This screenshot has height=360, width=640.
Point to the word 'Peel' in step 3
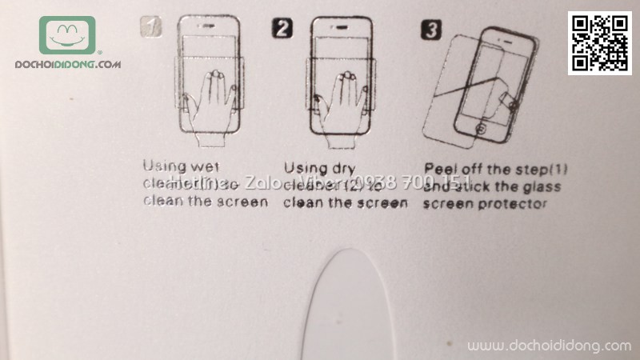[x=442, y=168]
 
